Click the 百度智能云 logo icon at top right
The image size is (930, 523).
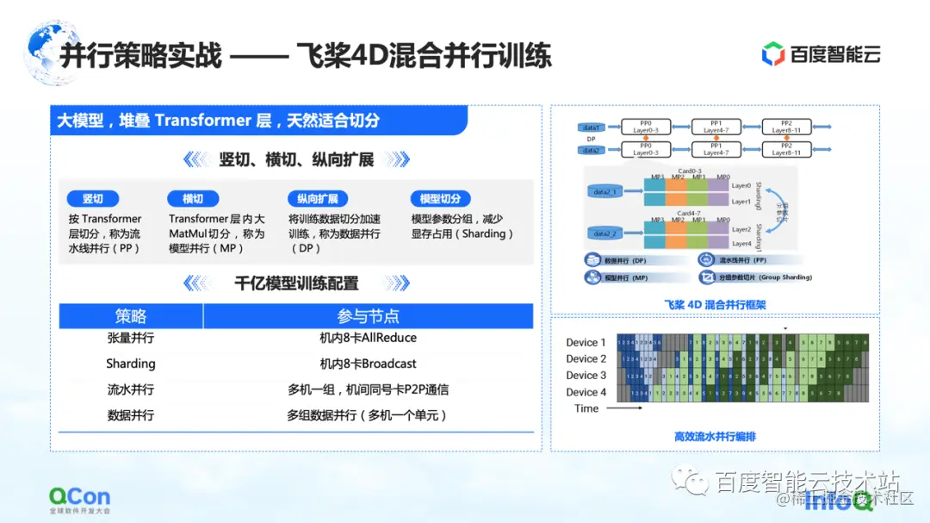click(x=773, y=54)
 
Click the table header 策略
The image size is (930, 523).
click(x=131, y=316)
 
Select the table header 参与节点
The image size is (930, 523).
click(x=368, y=316)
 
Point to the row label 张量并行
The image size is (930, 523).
click(x=131, y=339)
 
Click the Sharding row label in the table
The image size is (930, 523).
click(x=131, y=364)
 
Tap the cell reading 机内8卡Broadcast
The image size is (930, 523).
click(x=368, y=364)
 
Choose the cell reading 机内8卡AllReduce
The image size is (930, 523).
click(x=368, y=339)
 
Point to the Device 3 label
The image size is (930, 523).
click(x=586, y=376)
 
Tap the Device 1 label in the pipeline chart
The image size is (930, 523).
click(x=586, y=343)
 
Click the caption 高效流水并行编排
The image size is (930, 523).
click(x=715, y=437)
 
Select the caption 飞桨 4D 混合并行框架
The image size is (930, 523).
click(x=715, y=304)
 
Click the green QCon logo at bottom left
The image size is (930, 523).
click(x=79, y=497)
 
